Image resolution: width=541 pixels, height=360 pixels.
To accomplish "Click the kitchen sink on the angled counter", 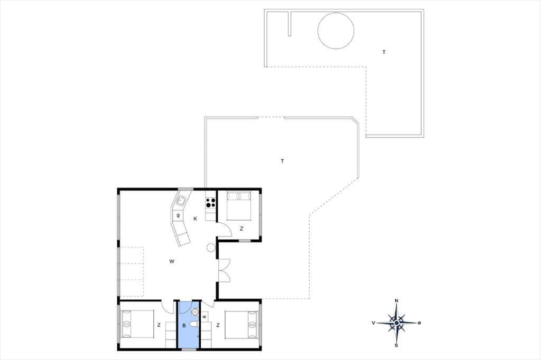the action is pos(181,200).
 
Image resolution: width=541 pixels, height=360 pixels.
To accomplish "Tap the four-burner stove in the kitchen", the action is pos(211,203).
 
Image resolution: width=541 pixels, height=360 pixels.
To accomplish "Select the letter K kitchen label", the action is pos(195,219).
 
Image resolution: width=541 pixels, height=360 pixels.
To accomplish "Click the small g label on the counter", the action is pos(178,215).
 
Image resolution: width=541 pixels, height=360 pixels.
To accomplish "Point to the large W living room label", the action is pos(172,261).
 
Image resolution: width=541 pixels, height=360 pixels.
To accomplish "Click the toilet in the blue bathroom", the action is pos(195,325).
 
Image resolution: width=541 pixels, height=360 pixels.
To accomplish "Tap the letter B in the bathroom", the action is pos(184,326).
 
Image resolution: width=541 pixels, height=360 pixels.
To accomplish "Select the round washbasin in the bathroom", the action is pos(195,312).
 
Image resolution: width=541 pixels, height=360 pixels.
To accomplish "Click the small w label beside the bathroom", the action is pos(204,317).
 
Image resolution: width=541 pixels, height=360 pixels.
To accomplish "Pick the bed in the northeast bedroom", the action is pos(238,206).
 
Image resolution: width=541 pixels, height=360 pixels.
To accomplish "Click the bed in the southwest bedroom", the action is pos(137,324).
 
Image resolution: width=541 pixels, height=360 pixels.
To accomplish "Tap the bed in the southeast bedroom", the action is pos(241,325).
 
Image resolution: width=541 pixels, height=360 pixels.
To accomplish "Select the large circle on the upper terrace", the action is pos(335,31).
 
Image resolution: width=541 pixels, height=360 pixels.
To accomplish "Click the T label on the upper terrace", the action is pos(384,52).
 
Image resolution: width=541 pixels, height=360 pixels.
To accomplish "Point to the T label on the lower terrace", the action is pos(283,161).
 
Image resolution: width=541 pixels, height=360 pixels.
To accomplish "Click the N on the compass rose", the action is pos(396,301).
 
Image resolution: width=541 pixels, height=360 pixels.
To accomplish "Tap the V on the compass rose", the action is pos(374,323).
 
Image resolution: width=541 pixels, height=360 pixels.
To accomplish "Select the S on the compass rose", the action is pos(396,345).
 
